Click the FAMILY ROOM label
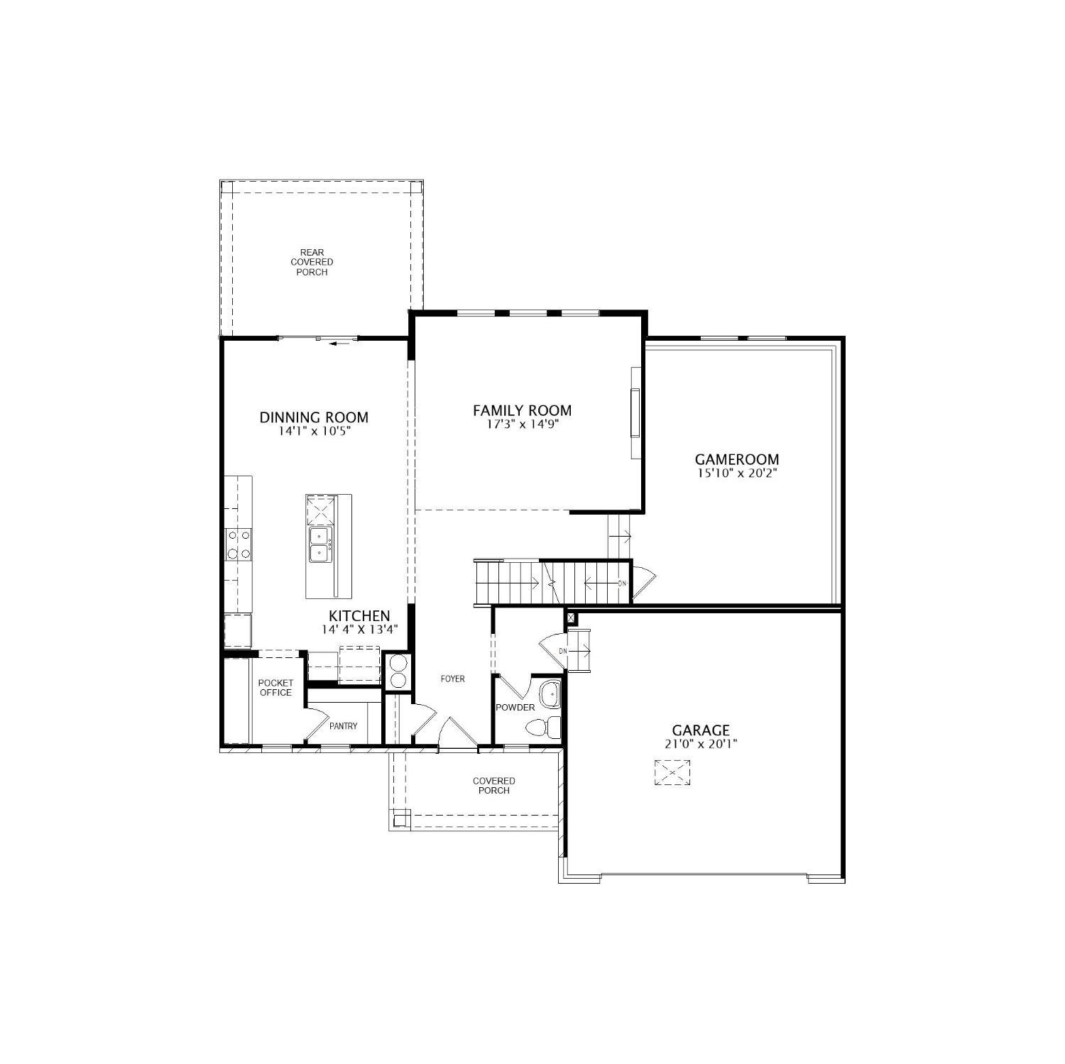tap(522, 410)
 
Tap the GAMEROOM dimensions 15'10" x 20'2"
tap(737, 472)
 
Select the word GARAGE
tap(701, 730)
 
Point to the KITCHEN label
tap(359, 616)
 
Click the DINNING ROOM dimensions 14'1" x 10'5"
tap(315, 431)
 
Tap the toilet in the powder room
tap(544, 728)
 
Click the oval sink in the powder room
tap(550, 693)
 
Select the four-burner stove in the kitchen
tap(239, 544)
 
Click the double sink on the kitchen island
tap(320, 544)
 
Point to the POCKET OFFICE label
tap(275, 688)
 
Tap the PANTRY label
tap(344, 726)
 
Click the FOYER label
tap(453, 679)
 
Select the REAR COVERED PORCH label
tap(312, 262)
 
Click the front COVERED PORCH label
tap(494, 786)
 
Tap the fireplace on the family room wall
tap(635, 413)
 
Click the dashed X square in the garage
tap(672, 772)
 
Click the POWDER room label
tap(515, 708)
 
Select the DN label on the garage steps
tap(563, 651)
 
